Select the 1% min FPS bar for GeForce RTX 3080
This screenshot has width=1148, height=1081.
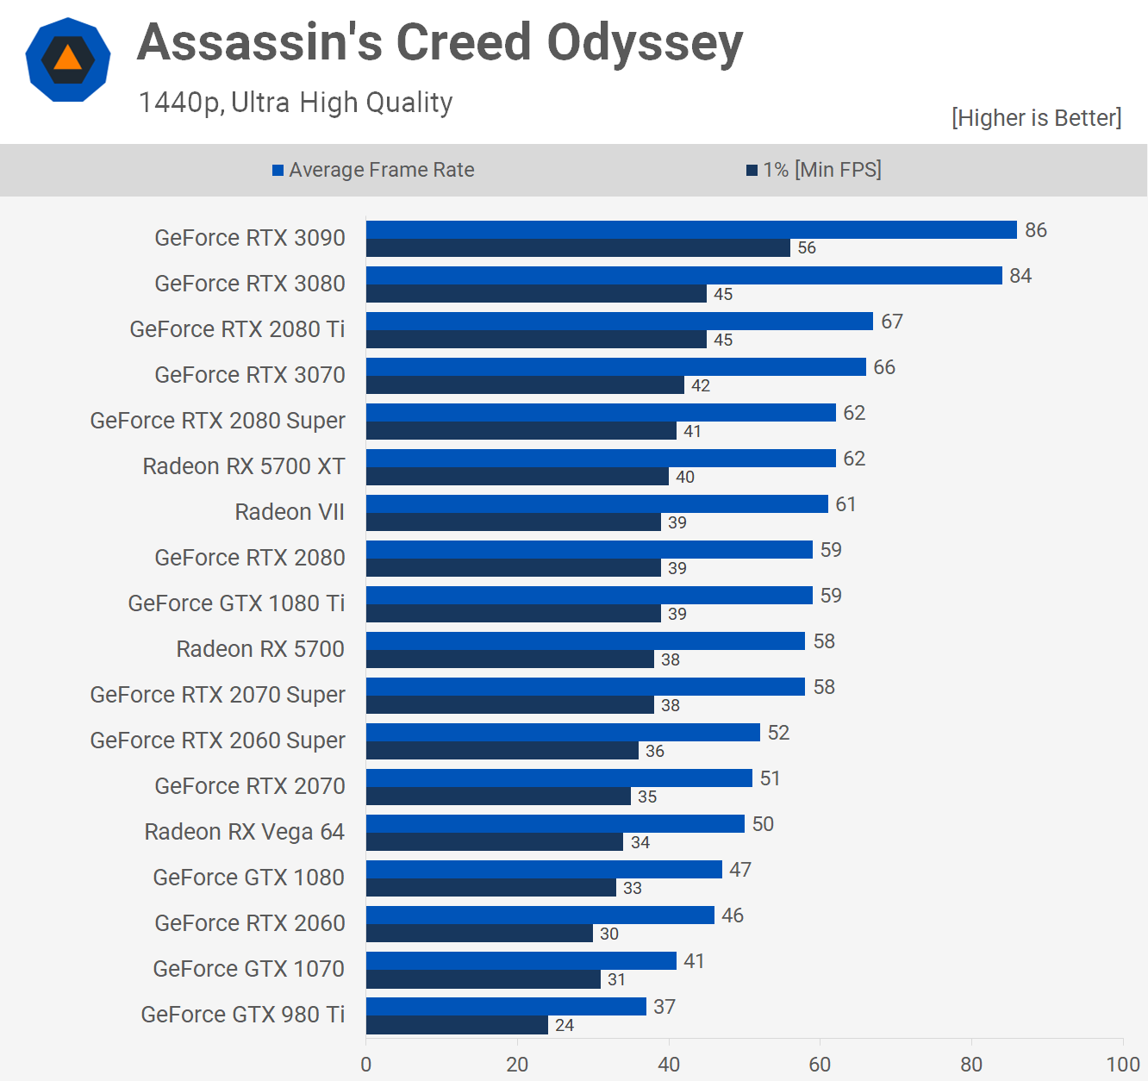pyautogui.click(x=536, y=294)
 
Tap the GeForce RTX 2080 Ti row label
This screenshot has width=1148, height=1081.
pyautogui.click(x=237, y=329)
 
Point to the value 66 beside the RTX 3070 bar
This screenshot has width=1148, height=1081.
pyautogui.click(x=884, y=367)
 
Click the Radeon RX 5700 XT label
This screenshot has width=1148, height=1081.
pyautogui.click(x=244, y=466)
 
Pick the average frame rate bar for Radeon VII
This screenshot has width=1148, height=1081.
pyautogui.click(x=596, y=503)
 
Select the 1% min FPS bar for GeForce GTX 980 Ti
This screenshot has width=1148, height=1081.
pyautogui.click(x=457, y=1025)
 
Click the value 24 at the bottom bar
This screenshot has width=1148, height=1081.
pyautogui.click(x=565, y=1025)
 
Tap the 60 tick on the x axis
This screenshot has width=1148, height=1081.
pyautogui.click(x=820, y=1065)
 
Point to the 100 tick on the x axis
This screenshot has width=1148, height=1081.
pyautogui.click(x=1122, y=1065)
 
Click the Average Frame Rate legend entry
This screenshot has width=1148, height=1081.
pyautogui.click(x=373, y=170)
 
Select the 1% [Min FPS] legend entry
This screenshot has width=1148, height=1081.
pyautogui.click(x=814, y=170)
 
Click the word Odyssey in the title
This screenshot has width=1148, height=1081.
pyautogui.click(x=644, y=43)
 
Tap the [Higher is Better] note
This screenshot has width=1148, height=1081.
pyautogui.click(x=1036, y=118)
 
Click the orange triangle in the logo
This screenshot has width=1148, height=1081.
pyautogui.click(x=67, y=59)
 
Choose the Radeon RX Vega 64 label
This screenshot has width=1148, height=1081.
pyautogui.click(x=244, y=832)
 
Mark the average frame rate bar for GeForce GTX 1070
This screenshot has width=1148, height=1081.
pyautogui.click(x=521, y=960)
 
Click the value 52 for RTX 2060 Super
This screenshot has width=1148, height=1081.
pyautogui.click(x=778, y=733)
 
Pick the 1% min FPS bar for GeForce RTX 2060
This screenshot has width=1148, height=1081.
pyautogui.click(x=479, y=934)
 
